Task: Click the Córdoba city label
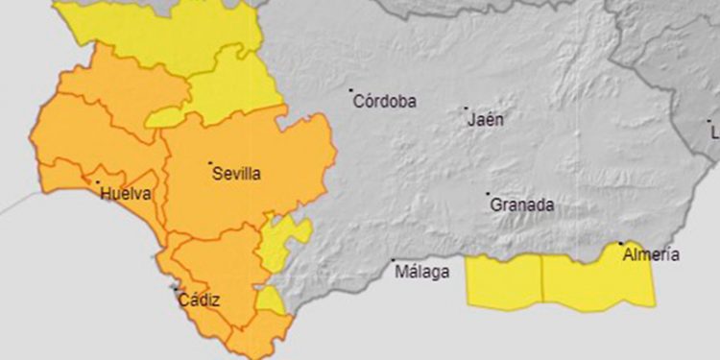pyautogui.click(x=385, y=102)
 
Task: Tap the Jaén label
pyautogui.click(x=485, y=120)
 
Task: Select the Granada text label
pyautogui.click(x=522, y=205)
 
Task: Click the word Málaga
pyautogui.click(x=423, y=273)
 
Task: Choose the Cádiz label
pyautogui.click(x=199, y=300)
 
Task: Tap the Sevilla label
pyautogui.click(x=235, y=174)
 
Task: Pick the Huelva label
pyautogui.click(x=125, y=194)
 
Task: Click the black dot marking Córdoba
pyautogui.click(x=350, y=91)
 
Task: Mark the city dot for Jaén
pyautogui.click(x=467, y=108)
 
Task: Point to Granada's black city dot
pyautogui.click(x=488, y=194)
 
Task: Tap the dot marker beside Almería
pyautogui.click(x=621, y=244)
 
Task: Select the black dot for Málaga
pyautogui.click(x=394, y=260)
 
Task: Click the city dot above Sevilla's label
pyautogui.click(x=210, y=162)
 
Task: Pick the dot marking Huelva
pyautogui.click(x=97, y=181)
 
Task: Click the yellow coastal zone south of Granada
pyautogui.click(x=504, y=280)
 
